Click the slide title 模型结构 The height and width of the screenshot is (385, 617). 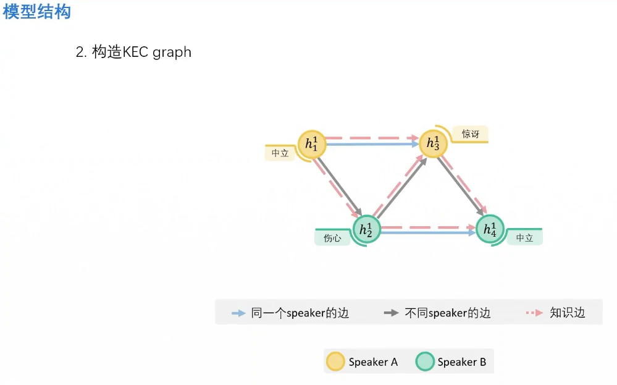[x=37, y=11]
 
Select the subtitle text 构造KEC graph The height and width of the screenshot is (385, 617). [x=141, y=52]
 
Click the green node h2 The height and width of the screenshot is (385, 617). [x=366, y=230]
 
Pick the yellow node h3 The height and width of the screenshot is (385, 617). [x=433, y=144]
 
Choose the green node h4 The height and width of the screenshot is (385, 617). [x=490, y=230]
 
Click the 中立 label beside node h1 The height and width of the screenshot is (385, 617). [x=280, y=153]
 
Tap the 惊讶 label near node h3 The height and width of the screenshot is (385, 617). [x=471, y=133]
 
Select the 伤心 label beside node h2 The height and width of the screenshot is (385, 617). [x=332, y=238]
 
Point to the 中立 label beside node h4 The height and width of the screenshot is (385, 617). [x=524, y=238]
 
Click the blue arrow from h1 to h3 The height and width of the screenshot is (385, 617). [x=371, y=145]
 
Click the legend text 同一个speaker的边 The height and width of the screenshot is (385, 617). [x=300, y=313]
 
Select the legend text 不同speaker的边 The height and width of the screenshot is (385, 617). [x=447, y=313]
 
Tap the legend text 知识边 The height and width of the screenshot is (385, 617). [x=567, y=313]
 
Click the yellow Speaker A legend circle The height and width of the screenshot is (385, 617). [x=335, y=362]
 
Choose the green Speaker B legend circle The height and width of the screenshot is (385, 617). [x=425, y=362]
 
